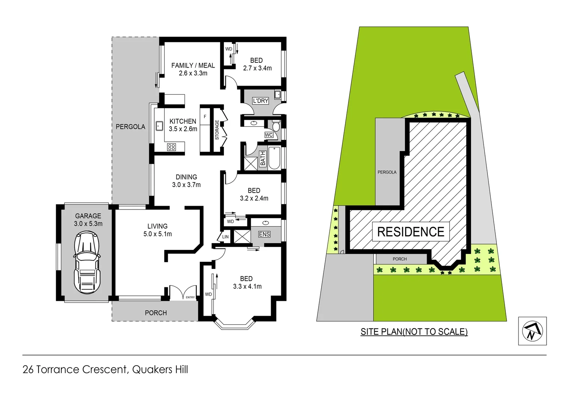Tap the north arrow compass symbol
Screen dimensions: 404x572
pos(532,331)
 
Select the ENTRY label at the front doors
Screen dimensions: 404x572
pos(190,297)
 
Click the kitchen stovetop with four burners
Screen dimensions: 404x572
pos(171,147)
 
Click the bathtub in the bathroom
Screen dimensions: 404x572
pos(274,158)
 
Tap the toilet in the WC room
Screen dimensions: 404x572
pos(276,126)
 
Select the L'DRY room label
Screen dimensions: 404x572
pos(261,101)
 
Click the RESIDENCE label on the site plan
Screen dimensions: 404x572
pos(411,232)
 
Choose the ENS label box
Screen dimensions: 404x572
pos(264,234)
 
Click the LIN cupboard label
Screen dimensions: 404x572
pos(225,237)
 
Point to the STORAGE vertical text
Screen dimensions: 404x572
pos(217,130)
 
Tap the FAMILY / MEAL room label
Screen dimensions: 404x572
pos(193,65)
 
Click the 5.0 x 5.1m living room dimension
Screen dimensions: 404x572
pos(158,234)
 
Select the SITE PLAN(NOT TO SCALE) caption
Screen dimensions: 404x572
pos(414,332)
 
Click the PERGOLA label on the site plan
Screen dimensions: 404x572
pos(387,172)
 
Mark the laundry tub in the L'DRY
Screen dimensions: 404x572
pos(277,95)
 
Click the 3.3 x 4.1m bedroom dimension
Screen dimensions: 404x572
pos(247,287)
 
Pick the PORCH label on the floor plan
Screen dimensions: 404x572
pos(156,313)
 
